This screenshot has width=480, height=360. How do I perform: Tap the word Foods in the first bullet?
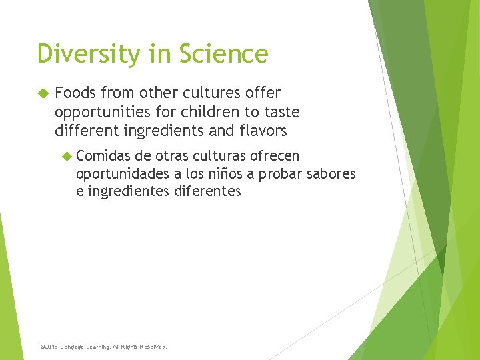click(75, 93)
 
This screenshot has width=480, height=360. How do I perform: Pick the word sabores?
click(331, 174)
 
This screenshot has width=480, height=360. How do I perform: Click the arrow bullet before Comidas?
click(65, 156)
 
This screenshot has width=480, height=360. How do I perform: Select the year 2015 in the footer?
click(51, 347)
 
